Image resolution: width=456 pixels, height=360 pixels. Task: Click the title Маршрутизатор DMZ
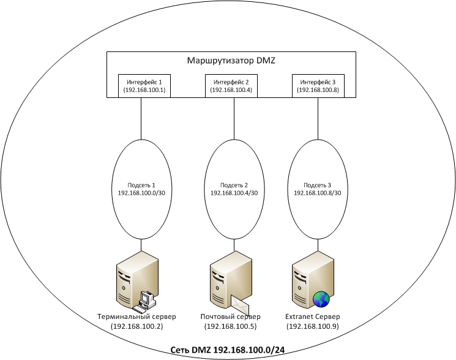(x=231, y=61)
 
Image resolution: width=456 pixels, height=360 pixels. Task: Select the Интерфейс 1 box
(x=144, y=86)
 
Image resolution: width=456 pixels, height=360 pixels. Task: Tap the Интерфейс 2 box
(x=231, y=86)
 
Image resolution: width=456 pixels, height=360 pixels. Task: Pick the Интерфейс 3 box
(x=318, y=86)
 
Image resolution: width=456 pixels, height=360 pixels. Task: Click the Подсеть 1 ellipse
(x=141, y=208)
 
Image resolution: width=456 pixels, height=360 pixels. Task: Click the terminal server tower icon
(x=130, y=282)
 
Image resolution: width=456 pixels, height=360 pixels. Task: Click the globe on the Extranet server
(x=321, y=299)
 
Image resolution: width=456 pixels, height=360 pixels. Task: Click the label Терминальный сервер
(x=136, y=317)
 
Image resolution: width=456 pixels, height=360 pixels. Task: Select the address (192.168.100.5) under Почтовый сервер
(x=230, y=327)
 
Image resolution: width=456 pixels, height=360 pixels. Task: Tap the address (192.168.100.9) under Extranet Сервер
(x=313, y=327)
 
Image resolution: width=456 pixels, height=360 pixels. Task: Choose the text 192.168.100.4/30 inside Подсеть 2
(x=234, y=192)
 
